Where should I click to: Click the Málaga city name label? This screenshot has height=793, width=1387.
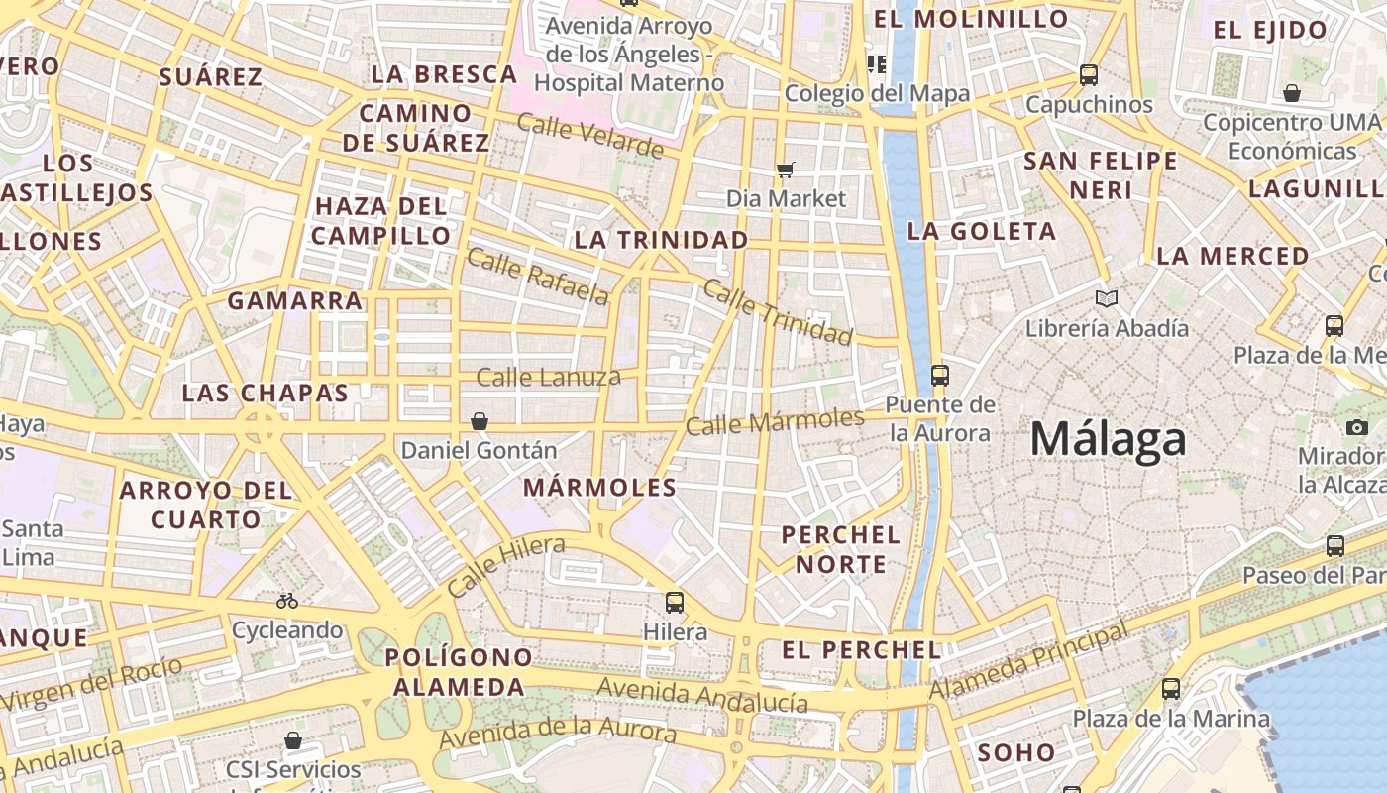pos(1108,439)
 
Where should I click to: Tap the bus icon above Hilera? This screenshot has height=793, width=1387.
pos(675,602)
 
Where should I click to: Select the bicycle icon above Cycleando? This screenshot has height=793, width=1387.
pos(287,600)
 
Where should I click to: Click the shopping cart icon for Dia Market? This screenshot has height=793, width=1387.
pos(786,170)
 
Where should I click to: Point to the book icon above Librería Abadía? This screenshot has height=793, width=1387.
pos(1107,298)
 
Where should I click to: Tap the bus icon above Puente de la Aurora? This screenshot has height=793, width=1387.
pos(939,376)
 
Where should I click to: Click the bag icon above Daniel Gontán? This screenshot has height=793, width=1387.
pos(480,421)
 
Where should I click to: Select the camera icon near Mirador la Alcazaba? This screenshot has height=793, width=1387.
pos(1357,427)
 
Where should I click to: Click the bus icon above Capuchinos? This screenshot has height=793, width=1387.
pos(1089,75)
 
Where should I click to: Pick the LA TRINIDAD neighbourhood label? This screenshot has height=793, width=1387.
pos(661,240)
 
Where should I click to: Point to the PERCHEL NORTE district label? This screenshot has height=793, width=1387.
pos(841,549)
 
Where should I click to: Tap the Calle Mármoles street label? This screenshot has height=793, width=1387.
pos(775,422)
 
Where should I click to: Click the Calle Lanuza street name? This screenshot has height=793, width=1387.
pos(548,377)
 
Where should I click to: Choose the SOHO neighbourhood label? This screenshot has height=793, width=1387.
pos(1016,752)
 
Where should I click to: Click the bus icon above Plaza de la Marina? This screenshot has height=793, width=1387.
pos(1171,688)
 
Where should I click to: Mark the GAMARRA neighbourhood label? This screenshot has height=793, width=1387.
pos(295,300)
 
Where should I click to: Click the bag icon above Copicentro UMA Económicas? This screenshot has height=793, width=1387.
pos(1291,94)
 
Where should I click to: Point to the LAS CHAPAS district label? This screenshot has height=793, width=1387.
pos(265,393)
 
